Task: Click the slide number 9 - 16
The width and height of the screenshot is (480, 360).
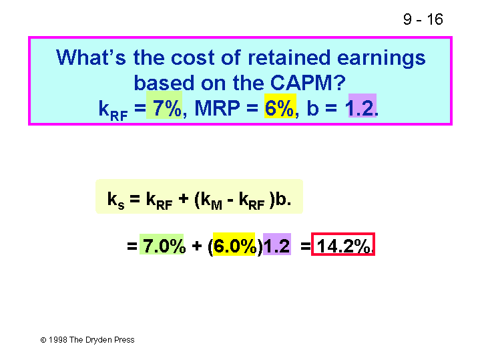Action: pyautogui.click(x=423, y=19)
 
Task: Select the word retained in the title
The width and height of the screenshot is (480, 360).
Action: pyautogui.click(x=289, y=57)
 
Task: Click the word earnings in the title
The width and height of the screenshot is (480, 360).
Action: pyautogui.click(x=381, y=59)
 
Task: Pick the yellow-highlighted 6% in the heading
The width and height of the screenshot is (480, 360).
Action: pyautogui.click(x=279, y=108)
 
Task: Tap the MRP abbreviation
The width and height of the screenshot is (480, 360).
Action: pyautogui.click(x=217, y=108)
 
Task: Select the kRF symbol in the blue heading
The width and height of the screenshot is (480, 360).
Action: pyautogui.click(x=113, y=110)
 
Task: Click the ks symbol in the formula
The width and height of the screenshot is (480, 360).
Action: pyautogui.click(x=115, y=200)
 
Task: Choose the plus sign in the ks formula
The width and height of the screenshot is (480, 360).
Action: pyautogui.click(x=184, y=199)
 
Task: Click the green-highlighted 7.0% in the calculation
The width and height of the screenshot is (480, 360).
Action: pyautogui.click(x=164, y=246)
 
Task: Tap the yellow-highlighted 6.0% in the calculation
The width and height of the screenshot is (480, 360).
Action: pyautogui.click(x=235, y=246)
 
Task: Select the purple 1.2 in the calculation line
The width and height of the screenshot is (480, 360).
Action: pyautogui.click(x=277, y=246)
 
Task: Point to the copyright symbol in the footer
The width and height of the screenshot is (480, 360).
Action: pyautogui.click(x=43, y=340)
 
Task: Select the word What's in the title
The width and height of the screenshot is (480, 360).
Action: pyautogui.click(x=91, y=57)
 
